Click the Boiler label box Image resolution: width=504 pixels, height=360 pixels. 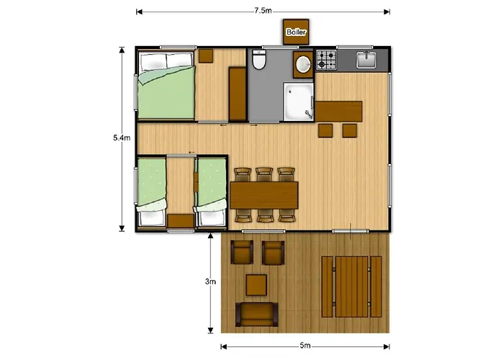click(x=295, y=32)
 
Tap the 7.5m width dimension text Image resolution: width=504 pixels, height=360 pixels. click(x=262, y=11)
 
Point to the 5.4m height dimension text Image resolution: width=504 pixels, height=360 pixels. click(x=122, y=138)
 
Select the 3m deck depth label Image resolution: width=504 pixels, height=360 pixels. click(x=210, y=282)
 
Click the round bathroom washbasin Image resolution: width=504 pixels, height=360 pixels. click(x=302, y=64)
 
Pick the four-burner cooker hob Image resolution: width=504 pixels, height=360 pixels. click(x=326, y=60)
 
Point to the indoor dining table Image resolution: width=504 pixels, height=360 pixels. click(x=264, y=194)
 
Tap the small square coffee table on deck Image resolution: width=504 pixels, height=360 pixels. click(x=256, y=285)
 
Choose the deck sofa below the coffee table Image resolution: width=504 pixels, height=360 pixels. click(x=256, y=315)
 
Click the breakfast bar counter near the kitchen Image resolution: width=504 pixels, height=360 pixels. click(x=338, y=112)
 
